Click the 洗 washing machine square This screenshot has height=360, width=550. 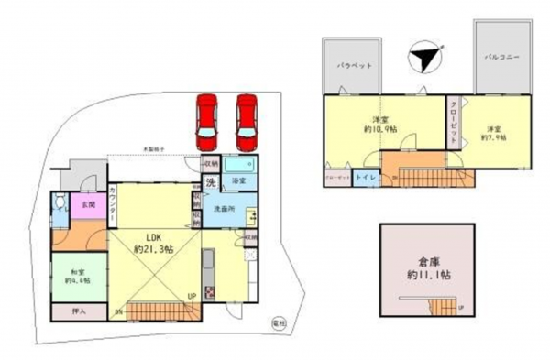[210, 182]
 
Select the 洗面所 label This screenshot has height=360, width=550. [225, 210]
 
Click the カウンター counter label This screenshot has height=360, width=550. [112, 202]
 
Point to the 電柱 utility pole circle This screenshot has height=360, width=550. [279, 322]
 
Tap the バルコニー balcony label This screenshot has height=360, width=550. [502, 57]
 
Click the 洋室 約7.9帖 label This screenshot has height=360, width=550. [496, 132]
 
